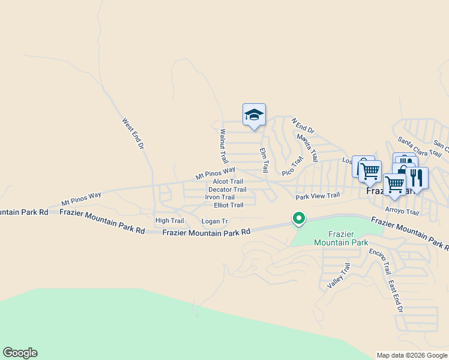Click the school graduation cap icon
pos(254,114)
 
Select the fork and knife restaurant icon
pos(417,177)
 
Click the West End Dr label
pos(133,133)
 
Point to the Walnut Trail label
pos(224,146)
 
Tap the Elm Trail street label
pos(264,160)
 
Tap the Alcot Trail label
pos(228,181)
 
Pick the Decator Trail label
pos(227,190)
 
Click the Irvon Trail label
pos(220,197)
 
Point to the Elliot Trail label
pos(224,205)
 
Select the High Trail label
pos(169,221)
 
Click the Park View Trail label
pos(318,196)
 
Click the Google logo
pos(20,353)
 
